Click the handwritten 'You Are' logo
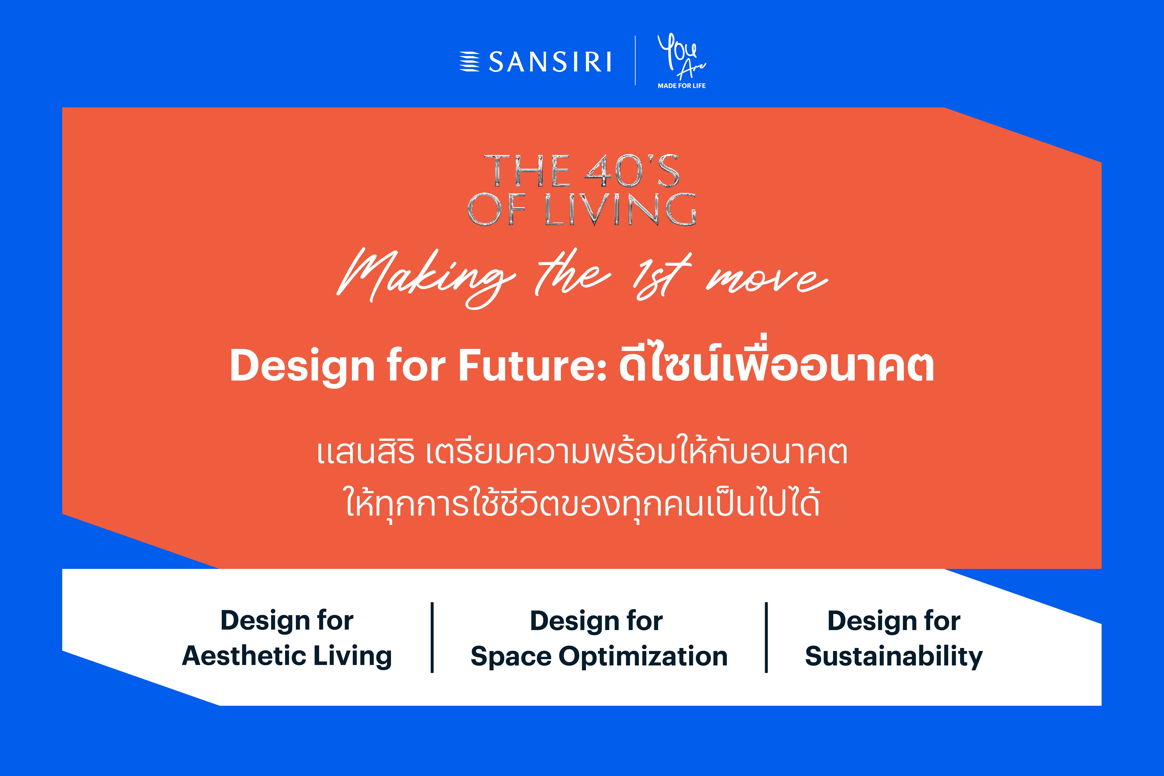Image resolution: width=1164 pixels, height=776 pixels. (x=681, y=55)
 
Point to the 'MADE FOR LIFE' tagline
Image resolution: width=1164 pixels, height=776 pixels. (x=682, y=86)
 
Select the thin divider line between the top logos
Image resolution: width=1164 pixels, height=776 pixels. (x=635, y=60)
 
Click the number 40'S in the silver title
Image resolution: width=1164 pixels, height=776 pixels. (x=632, y=171)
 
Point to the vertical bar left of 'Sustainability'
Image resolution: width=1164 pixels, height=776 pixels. (x=766, y=638)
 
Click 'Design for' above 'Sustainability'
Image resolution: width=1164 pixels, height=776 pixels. (x=894, y=621)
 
